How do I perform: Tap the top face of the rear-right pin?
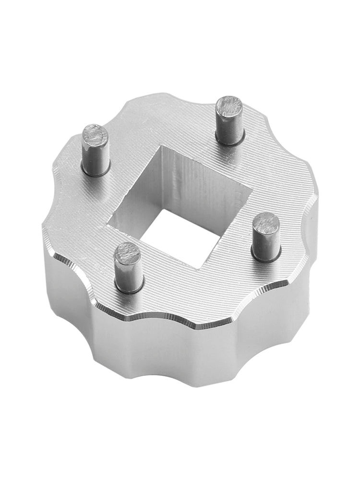(x=229, y=106)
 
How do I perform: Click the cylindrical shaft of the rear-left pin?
(x=95, y=156)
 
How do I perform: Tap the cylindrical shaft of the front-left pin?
(x=129, y=274)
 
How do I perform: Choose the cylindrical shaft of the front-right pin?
(x=265, y=245)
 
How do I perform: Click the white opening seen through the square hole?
(x=180, y=240)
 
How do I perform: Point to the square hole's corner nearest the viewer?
(x=202, y=269)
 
